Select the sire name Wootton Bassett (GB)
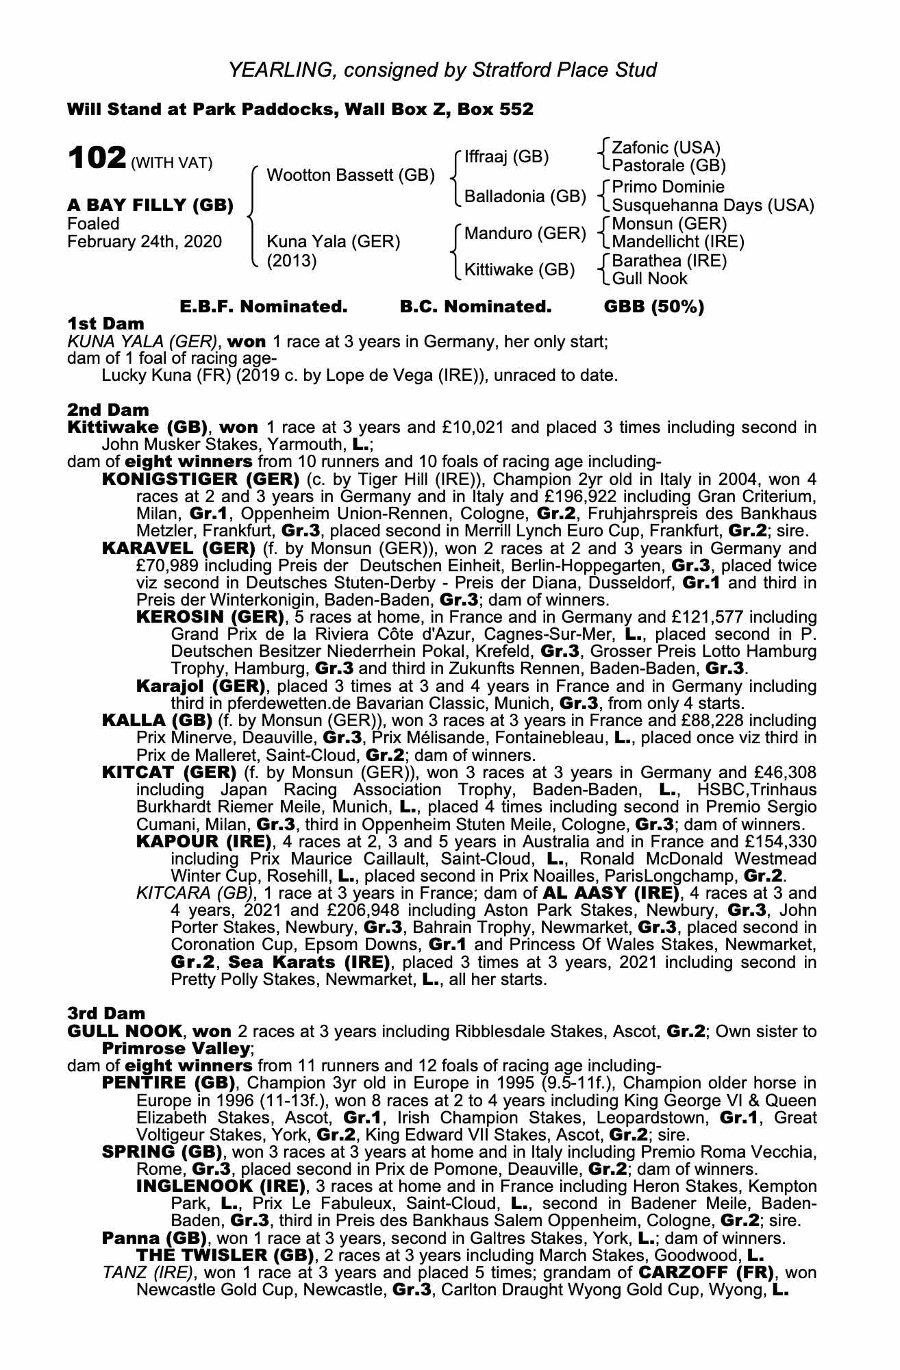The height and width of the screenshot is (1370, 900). (350, 175)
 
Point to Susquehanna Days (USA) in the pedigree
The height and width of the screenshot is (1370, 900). (712, 205)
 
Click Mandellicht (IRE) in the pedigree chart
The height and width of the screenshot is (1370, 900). (677, 241)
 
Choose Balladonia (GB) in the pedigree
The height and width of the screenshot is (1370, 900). (525, 197)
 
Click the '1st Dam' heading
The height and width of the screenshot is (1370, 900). (106, 323)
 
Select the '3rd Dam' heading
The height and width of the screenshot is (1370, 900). (106, 1013)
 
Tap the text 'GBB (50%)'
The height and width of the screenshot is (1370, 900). (653, 307)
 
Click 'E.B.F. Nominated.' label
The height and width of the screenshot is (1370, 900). (263, 307)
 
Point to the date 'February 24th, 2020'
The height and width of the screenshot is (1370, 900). (145, 241)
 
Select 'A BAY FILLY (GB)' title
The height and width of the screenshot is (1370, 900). (150, 205)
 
